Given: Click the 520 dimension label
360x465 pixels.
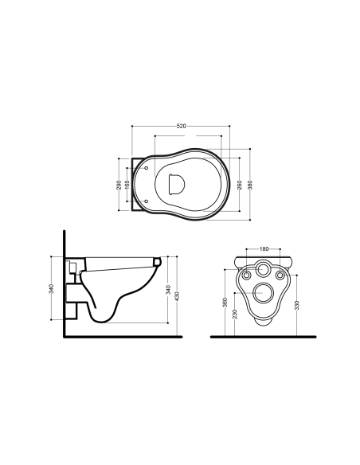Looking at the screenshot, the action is (181, 126).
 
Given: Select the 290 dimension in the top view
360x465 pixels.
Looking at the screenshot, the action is (119, 185).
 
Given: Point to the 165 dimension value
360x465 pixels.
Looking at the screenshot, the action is (127, 185).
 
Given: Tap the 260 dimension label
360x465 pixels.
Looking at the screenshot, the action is (240, 185).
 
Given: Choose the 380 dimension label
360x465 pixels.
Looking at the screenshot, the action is (250, 185).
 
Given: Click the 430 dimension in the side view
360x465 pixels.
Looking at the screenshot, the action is (177, 296).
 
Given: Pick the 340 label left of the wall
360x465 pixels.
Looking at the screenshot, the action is (51, 289).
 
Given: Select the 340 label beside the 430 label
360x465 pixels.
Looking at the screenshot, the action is (168, 289).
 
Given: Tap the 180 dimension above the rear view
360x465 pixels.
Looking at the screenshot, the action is (264, 248).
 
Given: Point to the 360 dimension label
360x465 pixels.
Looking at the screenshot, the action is (225, 303).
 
